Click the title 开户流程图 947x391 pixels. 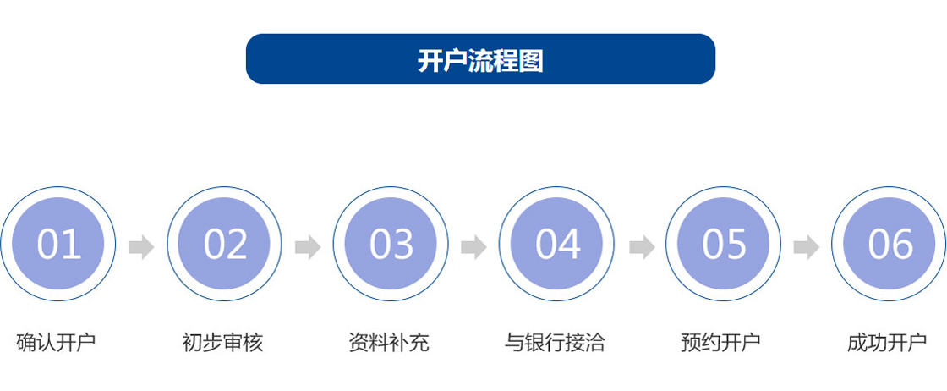[x=481, y=60]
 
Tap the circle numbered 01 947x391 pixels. [x=58, y=244]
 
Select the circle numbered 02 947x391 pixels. [x=225, y=244]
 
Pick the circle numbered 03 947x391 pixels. [x=391, y=244]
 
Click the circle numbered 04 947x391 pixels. [x=557, y=244]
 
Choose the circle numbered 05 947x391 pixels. [x=724, y=244]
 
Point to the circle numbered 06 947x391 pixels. [x=889, y=244]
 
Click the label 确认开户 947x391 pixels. [x=56, y=343]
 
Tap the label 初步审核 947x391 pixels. [x=222, y=343]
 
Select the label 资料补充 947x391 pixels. [x=389, y=343]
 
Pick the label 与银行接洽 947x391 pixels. [x=555, y=343]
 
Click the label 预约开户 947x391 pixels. [x=720, y=343]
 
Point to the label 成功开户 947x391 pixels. [x=887, y=343]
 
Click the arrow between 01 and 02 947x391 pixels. [x=141, y=246]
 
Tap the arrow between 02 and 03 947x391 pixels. [x=308, y=246]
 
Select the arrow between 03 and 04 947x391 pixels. [x=474, y=246]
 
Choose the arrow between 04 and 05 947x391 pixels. [x=642, y=246]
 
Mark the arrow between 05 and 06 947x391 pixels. [x=807, y=246]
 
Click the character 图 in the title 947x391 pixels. [x=532, y=60]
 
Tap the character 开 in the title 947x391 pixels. [x=430, y=60]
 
